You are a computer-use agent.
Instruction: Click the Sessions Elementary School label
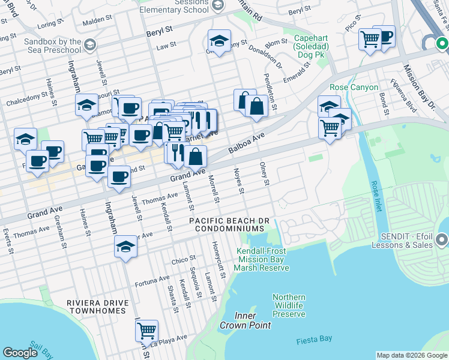(x=173, y=7)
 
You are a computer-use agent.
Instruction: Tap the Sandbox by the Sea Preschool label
(x=53, y=47)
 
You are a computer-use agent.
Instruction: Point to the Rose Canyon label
(x=354, y=87)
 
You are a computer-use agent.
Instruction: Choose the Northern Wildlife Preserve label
(x=289, y=305)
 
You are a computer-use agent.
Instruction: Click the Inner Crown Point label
(x=245, y=320)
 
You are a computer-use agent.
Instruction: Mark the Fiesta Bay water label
(x=314, y=341)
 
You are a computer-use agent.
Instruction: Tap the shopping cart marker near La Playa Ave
(x=146, y=330)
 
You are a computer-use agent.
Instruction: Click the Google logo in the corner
(x=20, y=353)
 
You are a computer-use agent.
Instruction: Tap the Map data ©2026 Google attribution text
(x=411, y=356)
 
